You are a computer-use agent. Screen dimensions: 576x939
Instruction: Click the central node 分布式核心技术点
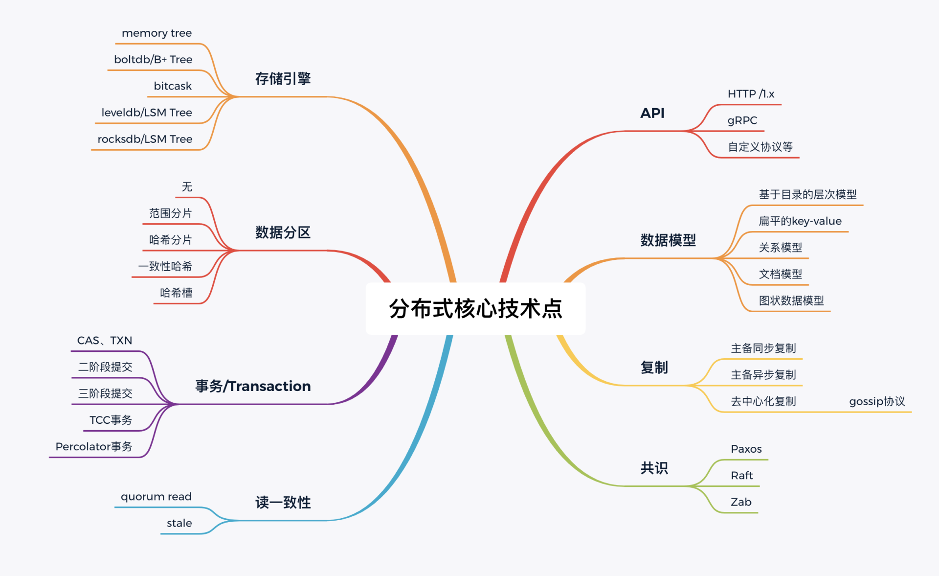475,309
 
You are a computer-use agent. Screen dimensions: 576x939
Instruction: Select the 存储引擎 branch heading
283,79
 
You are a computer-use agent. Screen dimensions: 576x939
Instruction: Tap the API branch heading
652,113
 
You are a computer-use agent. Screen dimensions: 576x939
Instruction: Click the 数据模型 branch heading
668,240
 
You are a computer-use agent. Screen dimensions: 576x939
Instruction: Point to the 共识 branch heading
654,468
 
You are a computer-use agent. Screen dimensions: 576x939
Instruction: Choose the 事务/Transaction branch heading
253,386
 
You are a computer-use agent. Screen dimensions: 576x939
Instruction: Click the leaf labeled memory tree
156,33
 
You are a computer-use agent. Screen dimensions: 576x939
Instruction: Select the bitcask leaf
173,86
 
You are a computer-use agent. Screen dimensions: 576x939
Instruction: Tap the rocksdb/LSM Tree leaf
145,139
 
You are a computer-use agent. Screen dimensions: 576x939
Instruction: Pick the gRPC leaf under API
742,120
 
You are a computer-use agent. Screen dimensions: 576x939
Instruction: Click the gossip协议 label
877,401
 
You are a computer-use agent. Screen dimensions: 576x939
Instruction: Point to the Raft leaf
741,475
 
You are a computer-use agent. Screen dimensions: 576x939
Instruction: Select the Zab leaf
741,502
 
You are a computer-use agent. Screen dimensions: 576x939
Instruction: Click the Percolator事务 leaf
94,446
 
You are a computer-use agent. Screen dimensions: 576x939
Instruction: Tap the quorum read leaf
156,497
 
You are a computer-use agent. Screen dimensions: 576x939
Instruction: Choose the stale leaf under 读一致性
179,523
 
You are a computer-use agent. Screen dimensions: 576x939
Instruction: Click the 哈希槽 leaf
176,293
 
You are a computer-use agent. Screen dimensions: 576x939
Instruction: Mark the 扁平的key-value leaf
800,221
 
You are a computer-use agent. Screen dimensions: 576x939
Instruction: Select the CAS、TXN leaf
105,341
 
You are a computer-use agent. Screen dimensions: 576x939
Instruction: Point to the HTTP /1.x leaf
751,94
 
